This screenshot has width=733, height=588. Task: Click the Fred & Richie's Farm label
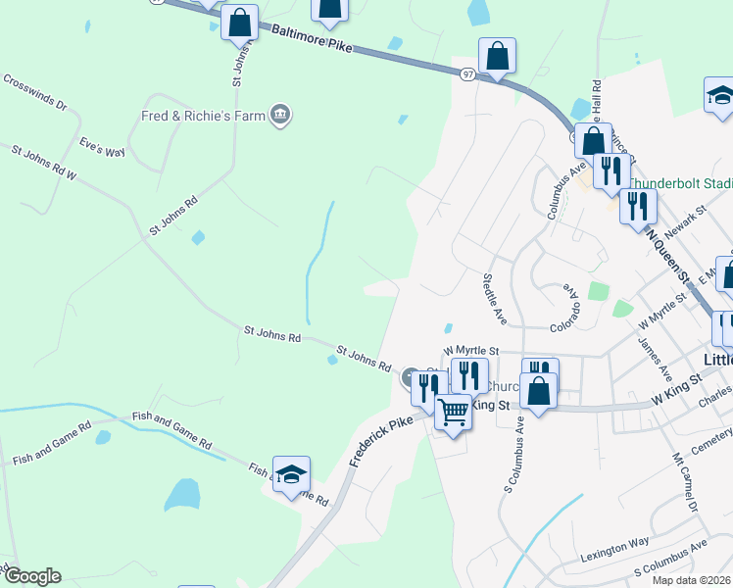tap(203, 116)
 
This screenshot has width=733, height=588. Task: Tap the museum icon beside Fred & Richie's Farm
tap(281, 116)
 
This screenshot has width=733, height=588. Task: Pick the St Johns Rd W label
tap(44, 163)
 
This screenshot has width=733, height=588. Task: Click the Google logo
tap(31, 576)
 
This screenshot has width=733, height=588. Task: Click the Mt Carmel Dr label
tap(685, 483)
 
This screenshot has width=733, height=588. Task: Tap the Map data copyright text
tap(690, 580)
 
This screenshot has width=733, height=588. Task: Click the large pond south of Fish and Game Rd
tap(181, 495)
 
